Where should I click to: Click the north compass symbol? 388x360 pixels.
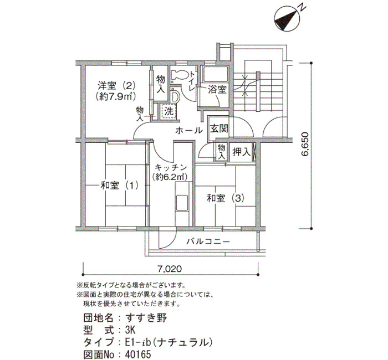pyautogui.click(x=288, y=19)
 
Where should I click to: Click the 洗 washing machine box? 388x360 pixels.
pyautogui.click(x=169, y=111)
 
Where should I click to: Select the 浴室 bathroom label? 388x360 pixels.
pyautogui.click(x=217, y=90)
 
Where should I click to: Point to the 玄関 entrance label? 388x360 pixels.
pyautogui.click(x=219, y=128)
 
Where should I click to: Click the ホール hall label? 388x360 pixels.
pyautogui.click(x=189, y=130)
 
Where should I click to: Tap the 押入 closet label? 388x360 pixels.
pyautogui.click(x=242, y=152)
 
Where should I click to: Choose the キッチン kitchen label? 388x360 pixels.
pyautogui.click(x=171, y=167)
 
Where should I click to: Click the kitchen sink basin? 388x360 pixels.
pyautogui.click(x=182, y=203)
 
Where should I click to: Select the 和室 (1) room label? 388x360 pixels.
pyautogui.click(x=120, y=186)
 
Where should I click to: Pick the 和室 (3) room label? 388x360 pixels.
pyautogui.click(x=226, y=198)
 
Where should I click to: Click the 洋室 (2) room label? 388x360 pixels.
pyautogui.click(x=116, y=85)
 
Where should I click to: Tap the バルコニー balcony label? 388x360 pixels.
pyautogui.click(x=208, y=241)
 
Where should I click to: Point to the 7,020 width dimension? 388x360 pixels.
pyautogui.click(x=169, y=269)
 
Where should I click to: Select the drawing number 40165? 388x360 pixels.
pyautogui.click(x=138, y=355)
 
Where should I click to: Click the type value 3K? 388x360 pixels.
pyautogui.click(x=130, y=330)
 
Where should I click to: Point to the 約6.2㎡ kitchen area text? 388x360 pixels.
pyautogui.click(x=170, y=177)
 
